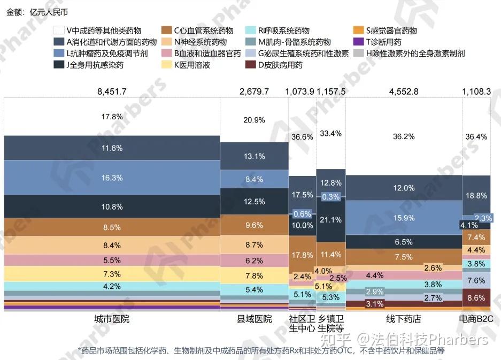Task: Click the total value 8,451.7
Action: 112,91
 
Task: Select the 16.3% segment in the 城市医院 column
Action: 112,178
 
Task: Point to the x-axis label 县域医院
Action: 254,319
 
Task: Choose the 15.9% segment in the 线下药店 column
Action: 404,218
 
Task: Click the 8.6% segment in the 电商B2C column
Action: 476,297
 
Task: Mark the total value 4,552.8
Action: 404,91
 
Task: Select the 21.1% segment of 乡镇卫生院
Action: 330,220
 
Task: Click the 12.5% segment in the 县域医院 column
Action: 254,202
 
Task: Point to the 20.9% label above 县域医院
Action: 254,120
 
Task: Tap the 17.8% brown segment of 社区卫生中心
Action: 302,255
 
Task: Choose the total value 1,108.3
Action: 476,91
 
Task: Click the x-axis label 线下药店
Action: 404,319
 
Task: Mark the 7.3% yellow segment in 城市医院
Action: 112,274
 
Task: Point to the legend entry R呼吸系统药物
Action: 284,30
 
